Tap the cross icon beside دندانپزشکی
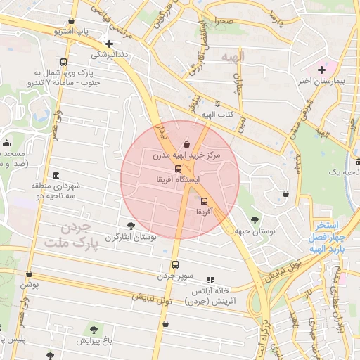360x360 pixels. click(x=108, y=43)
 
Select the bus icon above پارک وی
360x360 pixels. click(x=65, y=62)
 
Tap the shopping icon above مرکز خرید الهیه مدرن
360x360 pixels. click(x=186, y=144)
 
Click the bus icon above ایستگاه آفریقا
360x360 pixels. click(x=178, y=169)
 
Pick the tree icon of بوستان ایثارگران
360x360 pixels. click(x=131, y=225)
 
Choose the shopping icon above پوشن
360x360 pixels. click(x=29, y=274)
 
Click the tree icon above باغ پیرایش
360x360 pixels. click(x=91, y=329)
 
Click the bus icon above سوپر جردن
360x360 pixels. click(x=175, y=265)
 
